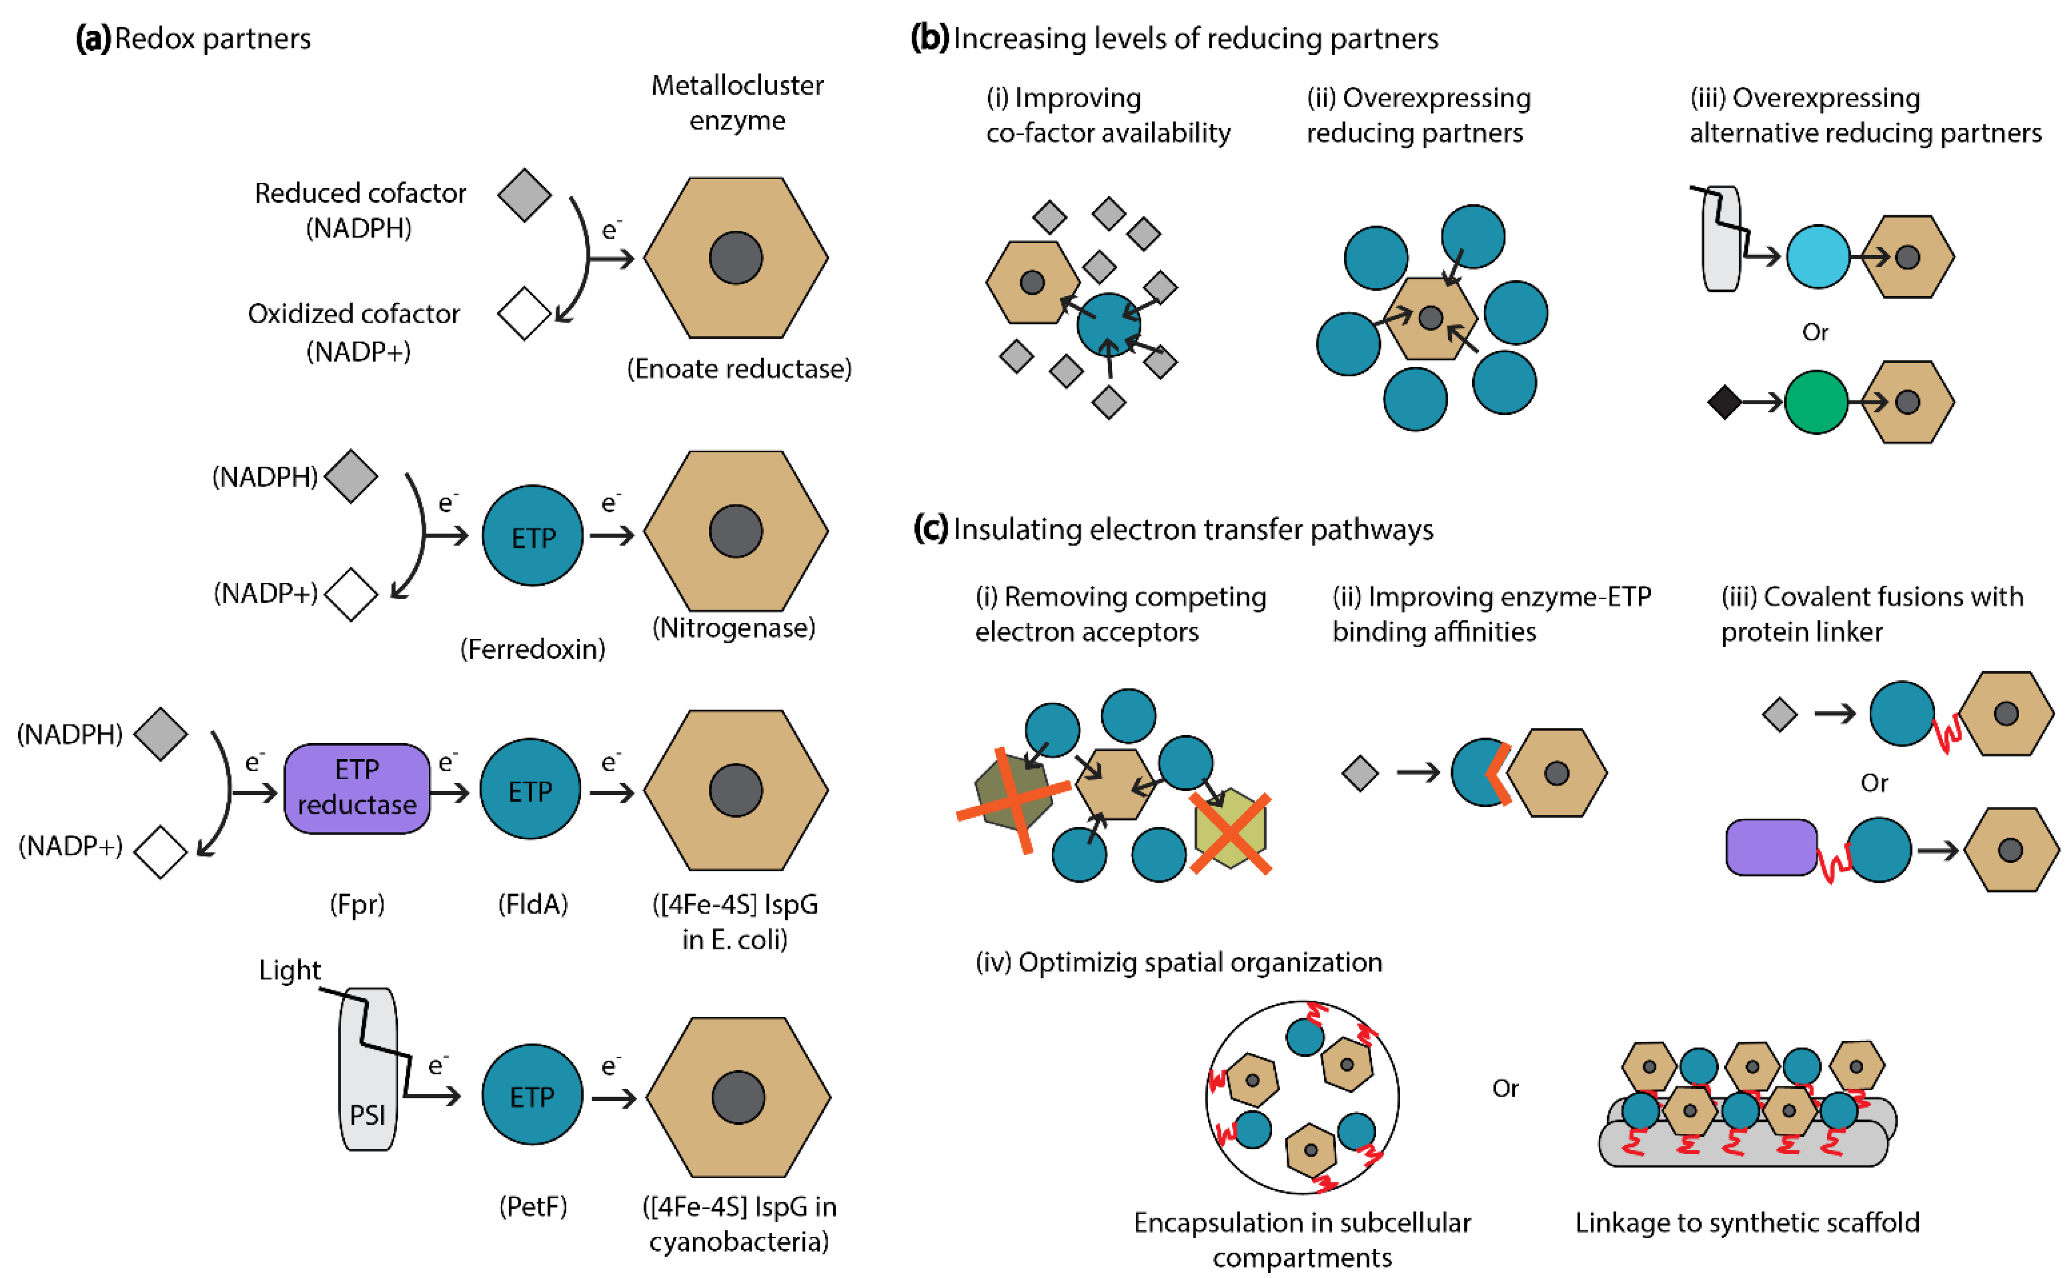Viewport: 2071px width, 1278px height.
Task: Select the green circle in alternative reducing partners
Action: coord(1815,402)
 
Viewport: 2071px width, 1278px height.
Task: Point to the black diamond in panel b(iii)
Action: coord(1724,402)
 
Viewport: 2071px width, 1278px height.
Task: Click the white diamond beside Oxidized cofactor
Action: coord(524,313)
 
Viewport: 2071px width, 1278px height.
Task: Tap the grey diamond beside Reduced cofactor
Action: coord(524,195)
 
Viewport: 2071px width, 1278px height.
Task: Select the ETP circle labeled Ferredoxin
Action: coord(533,536)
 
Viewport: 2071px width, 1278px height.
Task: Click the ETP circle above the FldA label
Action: coord(530,789)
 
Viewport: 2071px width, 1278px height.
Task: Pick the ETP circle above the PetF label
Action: coord(533,1096)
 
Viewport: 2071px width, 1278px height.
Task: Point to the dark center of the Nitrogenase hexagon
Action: coord(735,531)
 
